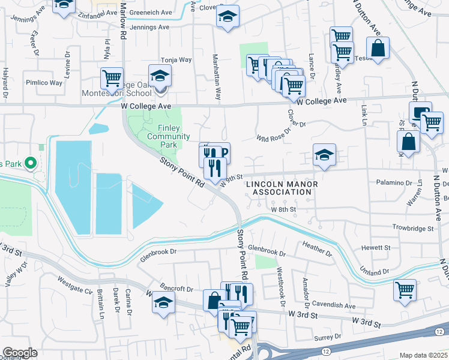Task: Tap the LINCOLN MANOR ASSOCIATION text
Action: click(x=279, y=188)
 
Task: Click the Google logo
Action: click(x=20, y=353)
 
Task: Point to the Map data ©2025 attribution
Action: click(x=423, y=355)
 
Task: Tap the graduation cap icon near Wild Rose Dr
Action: click(x=323, y=155)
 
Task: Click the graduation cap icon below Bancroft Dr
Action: click(x=163, y=302)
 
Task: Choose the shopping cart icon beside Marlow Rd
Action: click(x=112, y=78)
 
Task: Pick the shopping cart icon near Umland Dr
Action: click(x=405, y=290)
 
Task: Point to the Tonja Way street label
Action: click(x=176, y=60)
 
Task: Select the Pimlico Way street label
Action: click(x=44, y=83)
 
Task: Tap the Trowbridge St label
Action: click(x=413, y=229)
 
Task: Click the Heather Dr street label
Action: click(x=318, y=248)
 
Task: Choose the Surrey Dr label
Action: click(x=328, y=337)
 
